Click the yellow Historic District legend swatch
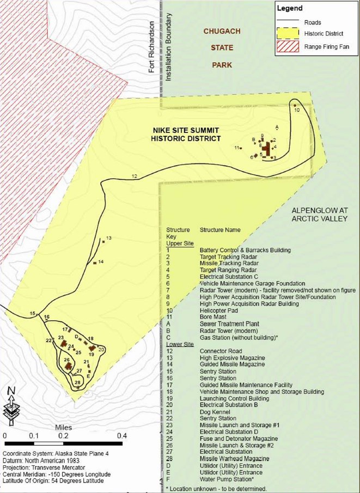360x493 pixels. pos(288,34)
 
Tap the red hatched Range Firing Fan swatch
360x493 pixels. pos(288,46)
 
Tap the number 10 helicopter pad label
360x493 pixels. pos(297,110)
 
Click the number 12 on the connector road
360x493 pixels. pos(135,175)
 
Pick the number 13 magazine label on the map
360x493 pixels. pos(108,238)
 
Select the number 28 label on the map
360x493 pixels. pos(77,382)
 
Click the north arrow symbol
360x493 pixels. pos(10,406)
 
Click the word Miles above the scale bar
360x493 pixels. pos(64,428)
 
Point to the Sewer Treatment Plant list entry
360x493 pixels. pos(228,324)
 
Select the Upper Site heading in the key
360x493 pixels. pos(180,243)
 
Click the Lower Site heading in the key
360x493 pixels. pos(180,344)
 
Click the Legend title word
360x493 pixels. pos(289,9)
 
